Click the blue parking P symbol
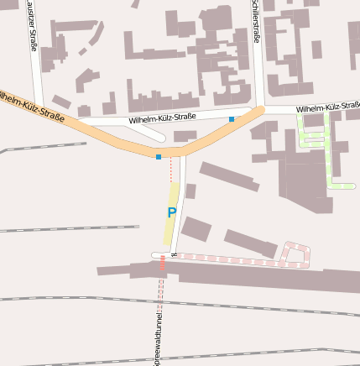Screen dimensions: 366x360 (171, 213)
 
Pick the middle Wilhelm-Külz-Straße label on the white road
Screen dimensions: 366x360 (162, 119)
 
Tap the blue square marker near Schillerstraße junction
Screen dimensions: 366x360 (232, 119)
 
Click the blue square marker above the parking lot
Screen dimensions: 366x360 (158, 156)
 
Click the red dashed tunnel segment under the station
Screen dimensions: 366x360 (162, 264)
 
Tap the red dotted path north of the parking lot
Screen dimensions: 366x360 (170, 170)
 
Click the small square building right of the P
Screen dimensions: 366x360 (190, 191)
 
